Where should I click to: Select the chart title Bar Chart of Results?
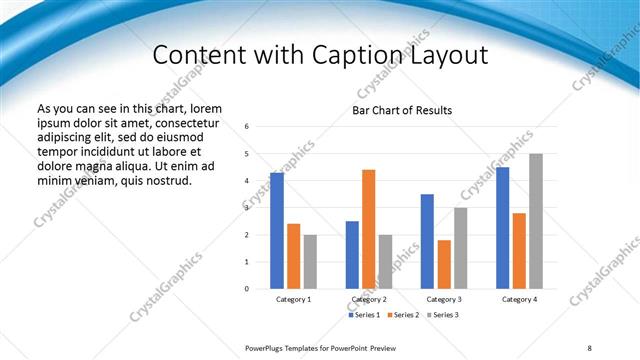point(402,110)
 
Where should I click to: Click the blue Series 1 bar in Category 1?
point(277,231)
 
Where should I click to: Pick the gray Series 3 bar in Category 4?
point(536,221)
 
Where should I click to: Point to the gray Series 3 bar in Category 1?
point(310,262)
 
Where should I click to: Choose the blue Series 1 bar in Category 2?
point(352,255)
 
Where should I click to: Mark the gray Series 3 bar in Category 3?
point(460,248)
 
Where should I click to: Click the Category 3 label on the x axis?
point(444,299)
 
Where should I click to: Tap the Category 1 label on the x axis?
point(294,299)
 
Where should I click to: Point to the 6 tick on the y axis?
point(247,127)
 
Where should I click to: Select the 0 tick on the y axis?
point(247,289)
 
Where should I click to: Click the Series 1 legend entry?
point(365,315)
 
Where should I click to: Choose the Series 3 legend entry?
point(442,315)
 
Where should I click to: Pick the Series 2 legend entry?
point(404,315)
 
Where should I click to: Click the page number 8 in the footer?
point(589,347)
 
